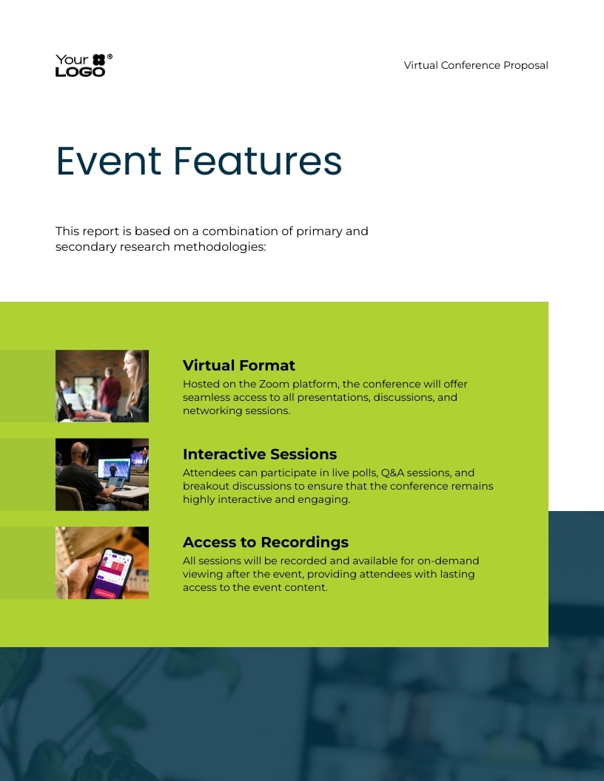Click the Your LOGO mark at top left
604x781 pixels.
[80, 65]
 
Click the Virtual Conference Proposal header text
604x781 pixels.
[476, 65]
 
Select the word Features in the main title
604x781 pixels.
[258, 160]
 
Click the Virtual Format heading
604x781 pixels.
[238, 365]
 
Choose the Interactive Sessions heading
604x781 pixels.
[259, 454]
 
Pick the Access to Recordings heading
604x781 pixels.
[265, 542]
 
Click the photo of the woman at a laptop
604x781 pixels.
[102, 386]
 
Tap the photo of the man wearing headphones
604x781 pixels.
[102, 474]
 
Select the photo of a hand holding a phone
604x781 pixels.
[102, 563]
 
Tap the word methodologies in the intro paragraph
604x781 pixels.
[219, 247]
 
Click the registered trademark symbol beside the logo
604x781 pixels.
[110, 57]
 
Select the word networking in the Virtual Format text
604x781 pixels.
[212, 410]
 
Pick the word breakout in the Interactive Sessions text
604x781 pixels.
[207, 486]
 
